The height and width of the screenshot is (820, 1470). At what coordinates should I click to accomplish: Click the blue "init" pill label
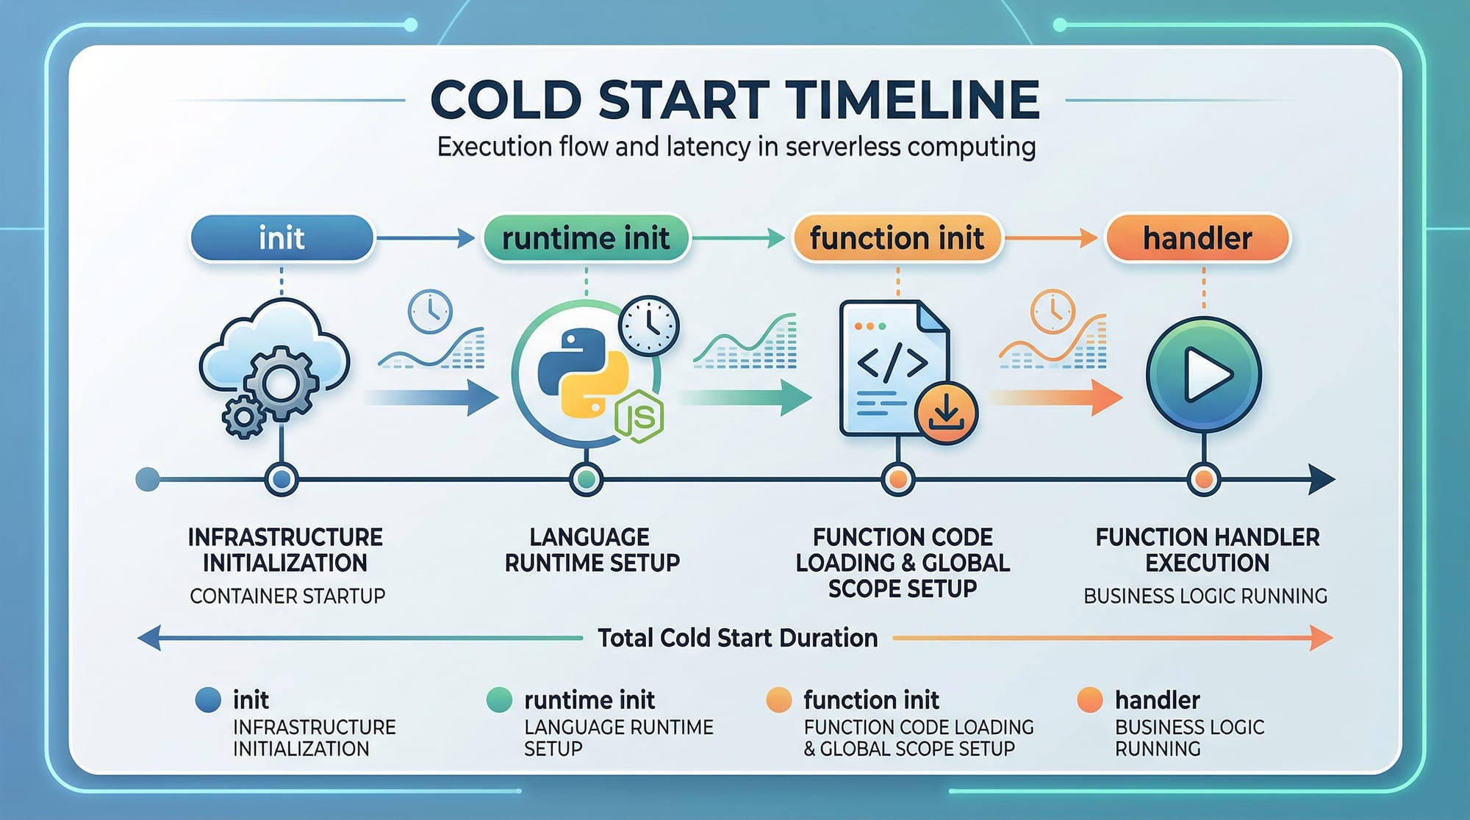pyautogui.click(x=282, y=238)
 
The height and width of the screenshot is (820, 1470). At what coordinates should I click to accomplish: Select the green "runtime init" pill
pyautogui.click(x=586, y=238)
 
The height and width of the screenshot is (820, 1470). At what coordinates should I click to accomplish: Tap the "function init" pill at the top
pyautogui.click(x=897, y=238)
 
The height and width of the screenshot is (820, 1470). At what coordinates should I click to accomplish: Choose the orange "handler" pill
pyautogui.click(x=1197, y=238)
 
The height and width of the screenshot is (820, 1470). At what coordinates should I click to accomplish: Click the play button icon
pyautogui.click(x=1203, y=375)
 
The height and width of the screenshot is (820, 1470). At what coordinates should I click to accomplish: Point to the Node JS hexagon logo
pyautogui.click(x=639, y=417)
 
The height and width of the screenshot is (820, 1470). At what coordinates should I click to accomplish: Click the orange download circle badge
pyautogui.click(x=946, y=412)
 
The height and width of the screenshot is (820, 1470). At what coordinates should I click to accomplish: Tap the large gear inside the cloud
pyautogui.click(x=281, y=383)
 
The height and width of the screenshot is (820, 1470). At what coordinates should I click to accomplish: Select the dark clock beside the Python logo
pyautogui.click(x=649, y=326)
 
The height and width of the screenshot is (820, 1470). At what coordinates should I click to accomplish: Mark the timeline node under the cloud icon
pyautogui.click(x=281, y=480)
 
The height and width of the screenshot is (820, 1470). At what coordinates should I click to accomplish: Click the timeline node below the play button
pyautogui.click(x=1203, y=480)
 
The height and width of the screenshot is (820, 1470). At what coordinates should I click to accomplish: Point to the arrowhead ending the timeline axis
pyautogui.click(x=1322, y=480)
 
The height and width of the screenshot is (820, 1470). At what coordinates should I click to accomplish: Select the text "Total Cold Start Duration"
pyautogui.click(x=737, y=638)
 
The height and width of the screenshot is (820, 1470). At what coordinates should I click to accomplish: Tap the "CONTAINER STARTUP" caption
pyautogui.click(x=287, y=596)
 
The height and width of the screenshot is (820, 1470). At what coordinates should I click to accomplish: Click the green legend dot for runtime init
pyautogui.click(x=499, y=699)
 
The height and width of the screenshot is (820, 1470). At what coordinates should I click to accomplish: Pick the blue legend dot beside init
pyautogui.click(x=208, y=699)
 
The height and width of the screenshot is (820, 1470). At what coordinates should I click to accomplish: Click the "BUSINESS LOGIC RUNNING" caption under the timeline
pyautogui.click(x=1205, y=596)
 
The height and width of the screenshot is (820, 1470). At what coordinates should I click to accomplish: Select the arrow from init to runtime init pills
pyautogui.click(x=426, y=238)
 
